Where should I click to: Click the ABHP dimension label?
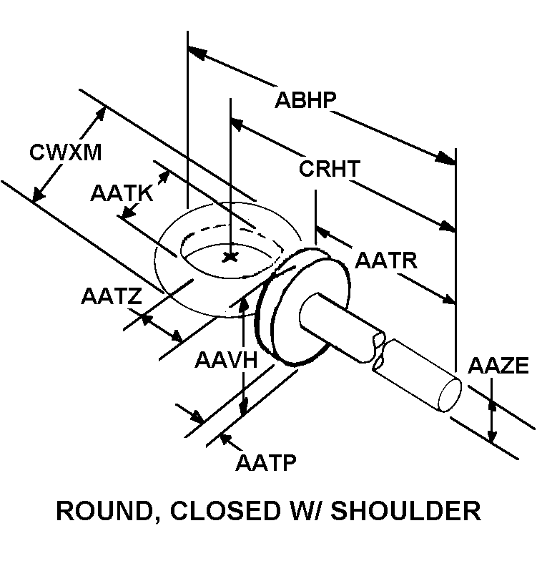point(305,99)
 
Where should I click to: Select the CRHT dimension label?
point(329,170)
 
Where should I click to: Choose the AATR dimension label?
point(386,260)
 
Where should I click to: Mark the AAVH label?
point(225,359)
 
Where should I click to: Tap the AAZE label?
point(498,366)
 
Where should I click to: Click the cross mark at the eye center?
point(230,257)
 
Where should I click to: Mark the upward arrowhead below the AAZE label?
point(492,408)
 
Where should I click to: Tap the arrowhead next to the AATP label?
point(227,434)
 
